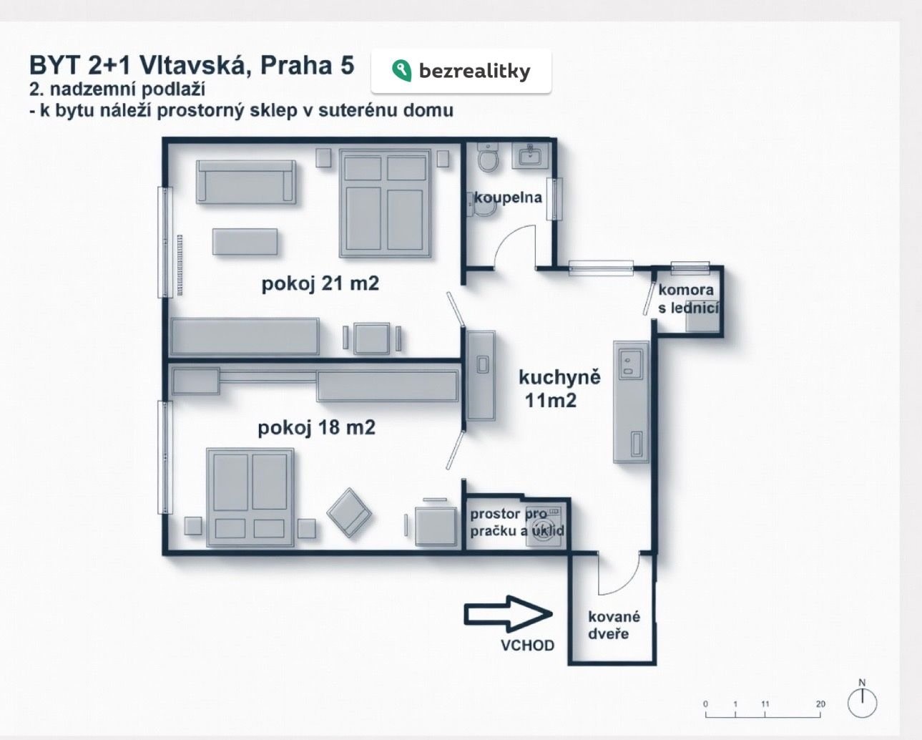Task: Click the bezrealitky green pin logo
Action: point(401,71)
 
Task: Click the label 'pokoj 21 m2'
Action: point(320,284)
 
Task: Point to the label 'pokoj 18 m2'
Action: point(317,428)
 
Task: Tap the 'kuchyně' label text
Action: point(559,377)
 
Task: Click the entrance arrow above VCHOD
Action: point(508,614)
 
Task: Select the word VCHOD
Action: point(527,646)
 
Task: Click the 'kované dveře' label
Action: point(614,625)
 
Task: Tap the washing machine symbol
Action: point(544,527)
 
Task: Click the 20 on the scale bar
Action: point(820,704)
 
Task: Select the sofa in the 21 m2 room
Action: point(246,182)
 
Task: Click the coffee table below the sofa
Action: point(245,242)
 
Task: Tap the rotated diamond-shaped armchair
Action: point(349,512)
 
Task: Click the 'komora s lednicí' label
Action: point(688,299)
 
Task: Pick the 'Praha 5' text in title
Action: point(307,66)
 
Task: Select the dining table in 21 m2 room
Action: point(372,339)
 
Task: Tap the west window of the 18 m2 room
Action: point(165,457)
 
